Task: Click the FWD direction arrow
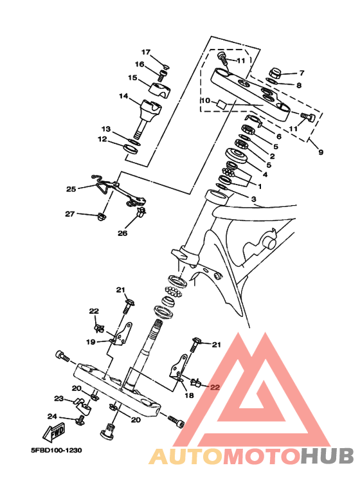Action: (54, 433)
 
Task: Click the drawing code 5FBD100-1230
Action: (56, 450)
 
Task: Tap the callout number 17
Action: (146, 52)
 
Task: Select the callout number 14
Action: (123, 96)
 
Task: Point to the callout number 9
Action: (321, 152)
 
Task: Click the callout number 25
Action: (71, 189)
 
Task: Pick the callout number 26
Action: (123, 233)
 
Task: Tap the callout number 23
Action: (59, 399)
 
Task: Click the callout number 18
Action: (189, 395)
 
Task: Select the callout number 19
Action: (91, 342)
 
